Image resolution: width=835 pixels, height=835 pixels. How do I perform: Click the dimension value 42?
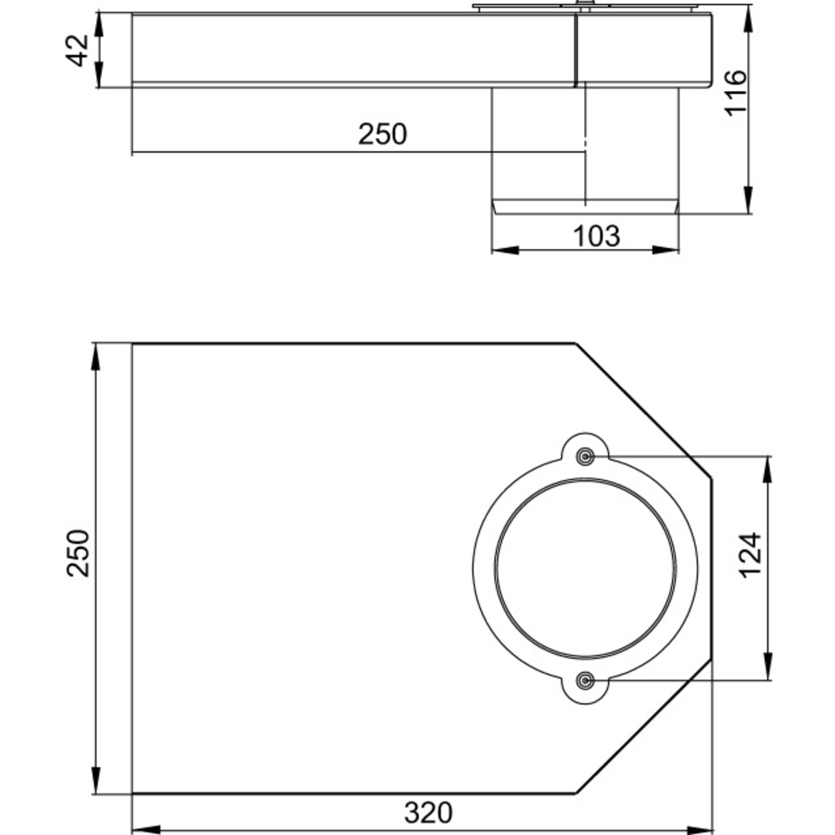point(78,51)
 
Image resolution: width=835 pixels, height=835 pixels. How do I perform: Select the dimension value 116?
point(736,93)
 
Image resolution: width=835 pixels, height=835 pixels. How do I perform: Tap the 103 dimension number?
point(596,236)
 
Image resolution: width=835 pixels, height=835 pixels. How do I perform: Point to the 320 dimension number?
point(428,812)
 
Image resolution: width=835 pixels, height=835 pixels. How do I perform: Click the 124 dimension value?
point(751,555)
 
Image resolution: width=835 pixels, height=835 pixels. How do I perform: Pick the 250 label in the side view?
point(382,134)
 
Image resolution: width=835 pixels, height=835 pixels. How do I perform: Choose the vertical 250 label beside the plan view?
point(78,554)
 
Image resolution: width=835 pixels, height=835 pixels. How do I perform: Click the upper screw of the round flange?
point(586,457)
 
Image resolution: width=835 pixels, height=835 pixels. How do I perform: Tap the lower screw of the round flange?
point(586,680)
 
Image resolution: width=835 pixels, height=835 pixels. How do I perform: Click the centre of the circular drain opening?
point(586,568)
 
